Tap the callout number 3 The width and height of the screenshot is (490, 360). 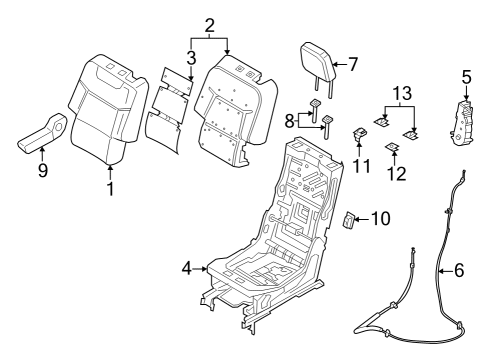(189, 57)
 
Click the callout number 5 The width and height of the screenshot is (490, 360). (466, 75)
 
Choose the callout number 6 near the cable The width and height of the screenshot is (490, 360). (459, 271)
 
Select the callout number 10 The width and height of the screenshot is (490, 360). (382, 217)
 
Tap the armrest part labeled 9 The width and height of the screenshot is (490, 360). (44, 132)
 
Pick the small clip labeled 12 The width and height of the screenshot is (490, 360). (393, 147)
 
